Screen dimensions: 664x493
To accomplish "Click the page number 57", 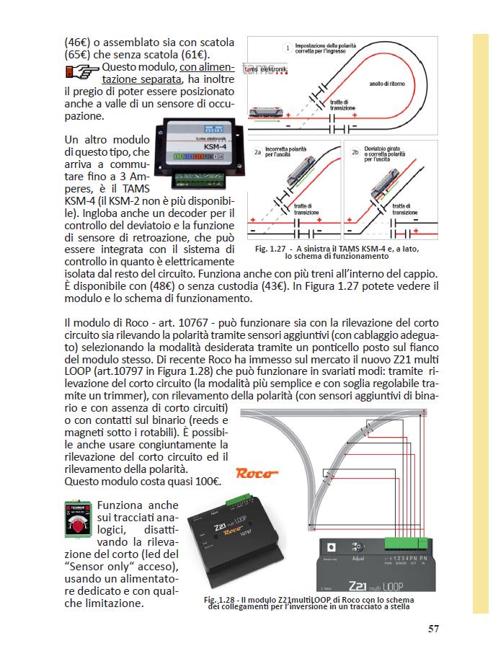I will point(433,628).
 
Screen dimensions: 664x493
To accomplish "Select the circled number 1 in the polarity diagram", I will point(288,48).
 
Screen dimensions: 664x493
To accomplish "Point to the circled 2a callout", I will point(257,152).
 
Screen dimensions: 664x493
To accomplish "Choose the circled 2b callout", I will point(355,152).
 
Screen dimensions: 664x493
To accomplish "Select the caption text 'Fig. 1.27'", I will point(271,249).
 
